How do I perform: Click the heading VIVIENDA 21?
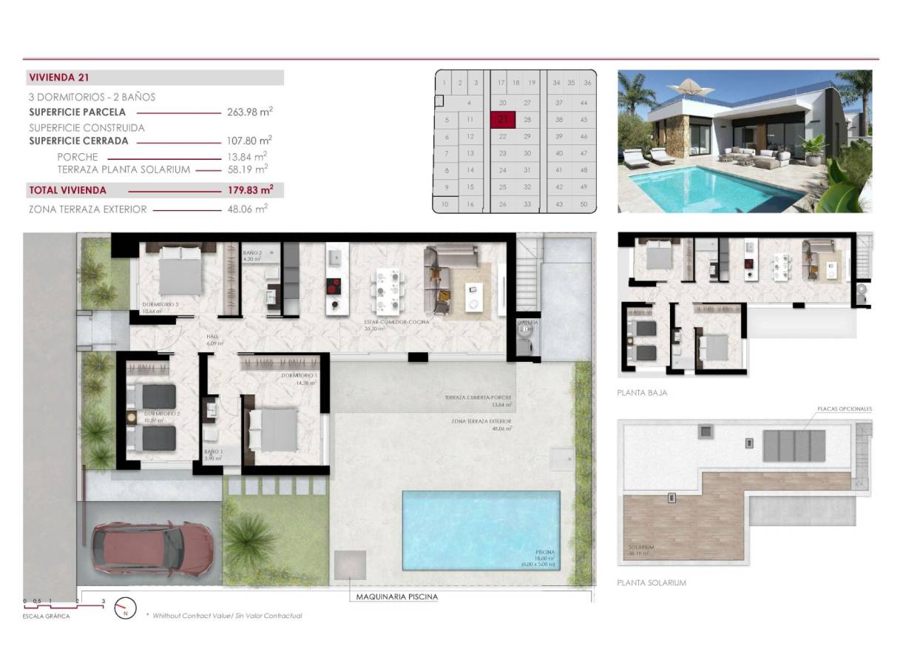click(59, 77)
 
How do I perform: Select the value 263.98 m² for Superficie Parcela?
click(249, 112)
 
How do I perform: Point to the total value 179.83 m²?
click(249, 190)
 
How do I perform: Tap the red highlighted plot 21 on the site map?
click(503, 119)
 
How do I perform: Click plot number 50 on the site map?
click(584, 204)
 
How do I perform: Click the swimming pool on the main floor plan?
click(481, 530)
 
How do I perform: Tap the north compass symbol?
click(125, 608)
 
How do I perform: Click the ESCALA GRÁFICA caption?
click(46, 616)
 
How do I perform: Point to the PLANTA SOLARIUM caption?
click(651, 582)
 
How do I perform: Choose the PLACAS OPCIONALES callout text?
click(845, 408)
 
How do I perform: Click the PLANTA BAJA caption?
click(642, 393)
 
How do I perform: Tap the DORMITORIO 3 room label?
click(161, 305)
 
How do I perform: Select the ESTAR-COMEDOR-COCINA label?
click(396, 322)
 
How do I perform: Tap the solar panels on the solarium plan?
click(794, 445)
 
